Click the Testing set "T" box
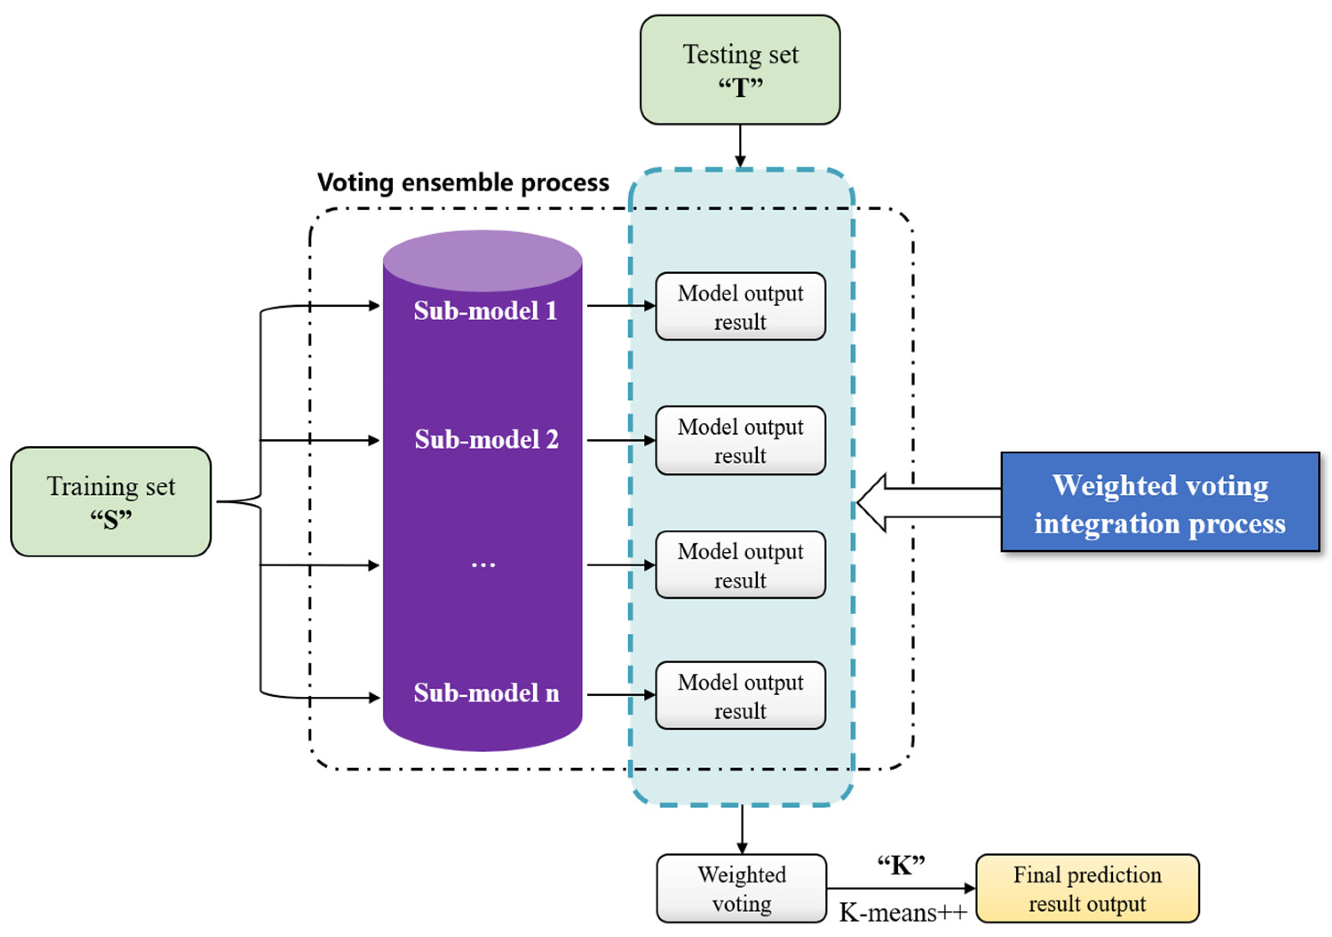(x=740, y=70)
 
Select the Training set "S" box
(x=111, y=502)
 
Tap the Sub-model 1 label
(x=485, y=311)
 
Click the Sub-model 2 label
(x=486, y=440)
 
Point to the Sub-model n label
(x=486, y=693)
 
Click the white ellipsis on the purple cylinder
(x=483, y=564)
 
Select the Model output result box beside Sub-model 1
(x=740, y=306)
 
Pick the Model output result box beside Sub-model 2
(x=740, y=441)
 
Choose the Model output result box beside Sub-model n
(x=740, y=695)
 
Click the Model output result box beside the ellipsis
(x=740, y=565)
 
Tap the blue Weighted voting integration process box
(x=1160, y=502)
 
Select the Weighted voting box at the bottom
(x=741, y=888)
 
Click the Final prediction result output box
(x=1087, y=888)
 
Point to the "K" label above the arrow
(x=900, y=866)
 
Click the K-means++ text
(x=903, y=913)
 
